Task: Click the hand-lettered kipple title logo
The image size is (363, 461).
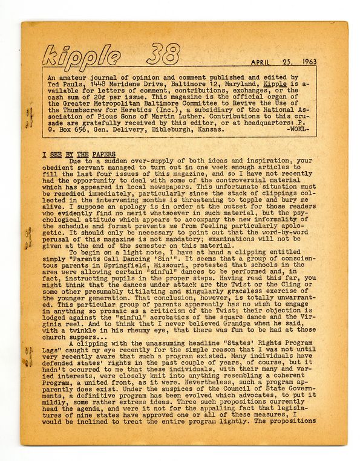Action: (82, 56)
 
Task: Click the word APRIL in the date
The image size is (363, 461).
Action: (264, 62)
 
